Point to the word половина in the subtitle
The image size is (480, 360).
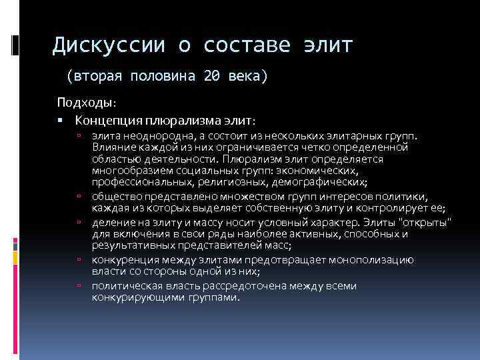(157, 77)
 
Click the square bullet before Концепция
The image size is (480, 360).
(60, 121)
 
